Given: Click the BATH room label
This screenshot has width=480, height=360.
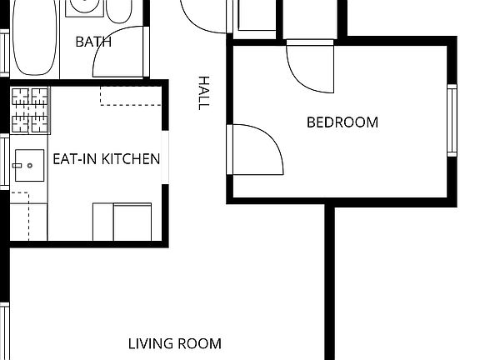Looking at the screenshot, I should click(93, 42).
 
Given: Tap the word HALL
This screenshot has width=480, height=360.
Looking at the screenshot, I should click(203, 92).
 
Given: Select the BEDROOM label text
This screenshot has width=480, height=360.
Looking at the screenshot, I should click(342, 122).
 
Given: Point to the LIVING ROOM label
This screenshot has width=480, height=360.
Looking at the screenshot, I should click(175, 343).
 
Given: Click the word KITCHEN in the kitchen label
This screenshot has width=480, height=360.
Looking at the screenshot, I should click(130, 158).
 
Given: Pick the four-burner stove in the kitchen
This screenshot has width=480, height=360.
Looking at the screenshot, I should click(30, 111).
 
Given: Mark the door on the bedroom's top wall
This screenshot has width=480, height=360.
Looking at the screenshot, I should click(310, 67).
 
